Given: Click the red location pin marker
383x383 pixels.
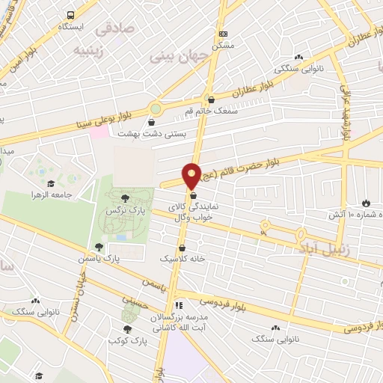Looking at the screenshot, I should click(191, 175).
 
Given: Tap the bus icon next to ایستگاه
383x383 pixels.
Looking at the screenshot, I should click(70, 15).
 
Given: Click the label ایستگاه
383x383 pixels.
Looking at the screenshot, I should click(73, 26).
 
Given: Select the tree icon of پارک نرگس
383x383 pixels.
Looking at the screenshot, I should click(125, 197).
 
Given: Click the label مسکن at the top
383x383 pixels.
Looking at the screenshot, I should click(222, 46).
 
